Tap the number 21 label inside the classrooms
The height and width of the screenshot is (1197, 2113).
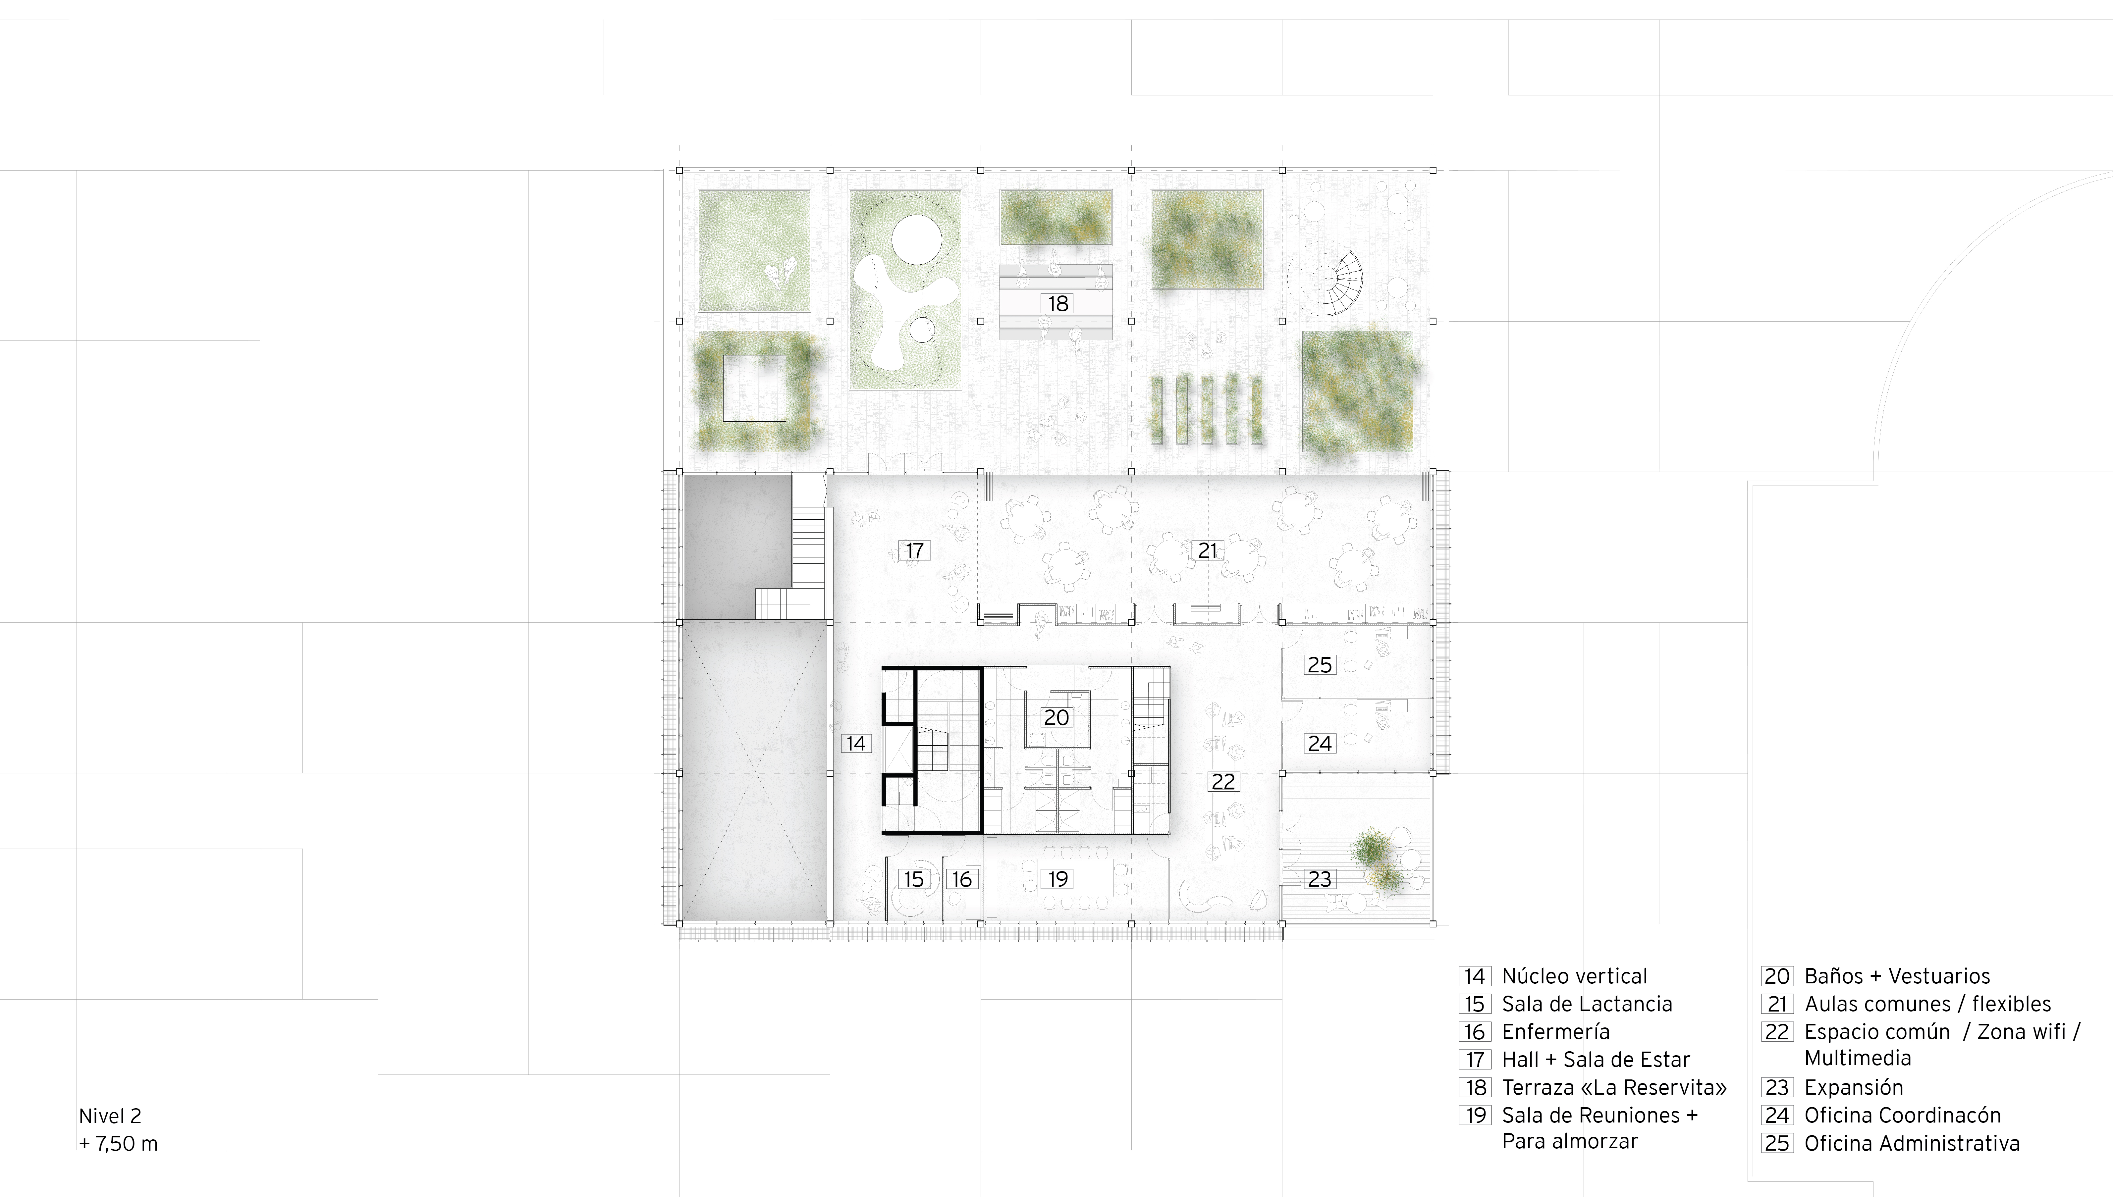click(1207, 550)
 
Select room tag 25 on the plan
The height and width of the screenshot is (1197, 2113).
click(1320, 664)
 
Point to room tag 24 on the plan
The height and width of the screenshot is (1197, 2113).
click(1320, 743)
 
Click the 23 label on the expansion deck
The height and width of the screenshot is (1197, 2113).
click(1320, 879)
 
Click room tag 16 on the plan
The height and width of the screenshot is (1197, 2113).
click(962, 879)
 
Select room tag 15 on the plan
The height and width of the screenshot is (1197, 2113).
click(913, 879)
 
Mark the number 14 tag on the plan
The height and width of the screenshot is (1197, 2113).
click(856, 743)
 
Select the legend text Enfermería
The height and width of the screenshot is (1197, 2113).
click(1555, 1032)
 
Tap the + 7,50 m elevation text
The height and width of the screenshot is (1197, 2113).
click(118, 1144)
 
